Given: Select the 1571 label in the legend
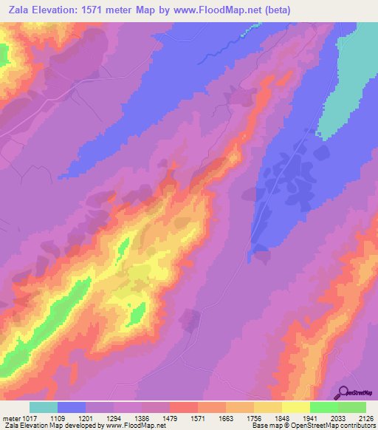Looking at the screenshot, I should pyautogui.click(x=198, y=418).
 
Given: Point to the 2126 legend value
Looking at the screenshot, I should pyautogui.click(x=365, y=418).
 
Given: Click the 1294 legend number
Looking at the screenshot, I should pyautogui.click(x=114, y=418).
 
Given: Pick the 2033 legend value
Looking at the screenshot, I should pyautogui.click(x=337, y=418).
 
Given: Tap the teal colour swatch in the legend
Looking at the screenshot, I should pyautogui.click(x=44, y=407).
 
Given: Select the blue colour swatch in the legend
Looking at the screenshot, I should pyautogui.click(x=72, y=407).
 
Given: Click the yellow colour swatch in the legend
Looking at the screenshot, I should pyautogui.click(x=295, y=407).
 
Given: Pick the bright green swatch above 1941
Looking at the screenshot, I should pyautogui.click(x=323, y=407).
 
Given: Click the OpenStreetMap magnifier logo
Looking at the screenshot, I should pyautogui.click(x=344, y=392).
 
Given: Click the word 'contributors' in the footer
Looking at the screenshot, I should pyautogui.click(x=354, y=426).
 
